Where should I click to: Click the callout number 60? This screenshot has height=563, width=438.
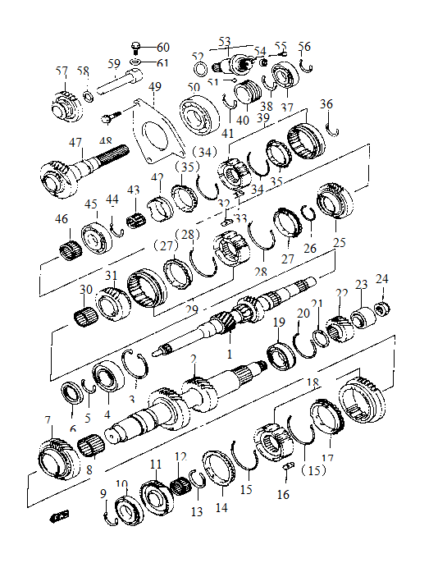(x=163, y=47)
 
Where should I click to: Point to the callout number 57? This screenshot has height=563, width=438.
(x=62, y=72)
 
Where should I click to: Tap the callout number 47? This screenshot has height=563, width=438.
(x=75, y=142)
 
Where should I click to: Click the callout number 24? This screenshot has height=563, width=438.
(x=381, y=278)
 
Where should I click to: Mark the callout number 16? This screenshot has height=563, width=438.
(x=283, y=495)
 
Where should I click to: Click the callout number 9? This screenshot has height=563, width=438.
(x=103, y=492)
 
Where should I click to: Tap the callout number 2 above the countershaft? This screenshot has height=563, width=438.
(x=194, y=359)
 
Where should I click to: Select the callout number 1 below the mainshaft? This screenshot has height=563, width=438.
(x=230, y=353)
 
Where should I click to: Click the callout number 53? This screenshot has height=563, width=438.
(x=224, y=39)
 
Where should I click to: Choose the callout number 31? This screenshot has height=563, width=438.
(x=112, y=275)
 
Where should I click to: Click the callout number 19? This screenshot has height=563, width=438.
(x=279, y=322)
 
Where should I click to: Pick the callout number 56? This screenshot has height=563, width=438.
(x=304, y=47)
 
